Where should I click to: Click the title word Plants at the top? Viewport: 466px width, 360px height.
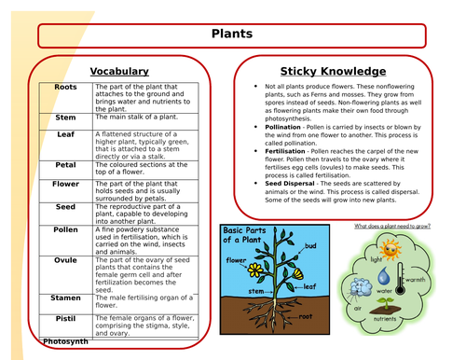point(232,35)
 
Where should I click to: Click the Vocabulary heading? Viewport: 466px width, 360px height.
point(118,71)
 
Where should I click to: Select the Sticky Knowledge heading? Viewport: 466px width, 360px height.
point(333,71)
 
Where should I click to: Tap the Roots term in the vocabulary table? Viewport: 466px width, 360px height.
point(66,87)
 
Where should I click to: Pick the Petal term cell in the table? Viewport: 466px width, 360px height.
point(66,164)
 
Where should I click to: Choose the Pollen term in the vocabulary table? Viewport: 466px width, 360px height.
point(66,228)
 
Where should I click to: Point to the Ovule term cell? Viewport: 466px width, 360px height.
point(66,260)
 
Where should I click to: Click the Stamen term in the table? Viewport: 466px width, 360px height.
point(66,298)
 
